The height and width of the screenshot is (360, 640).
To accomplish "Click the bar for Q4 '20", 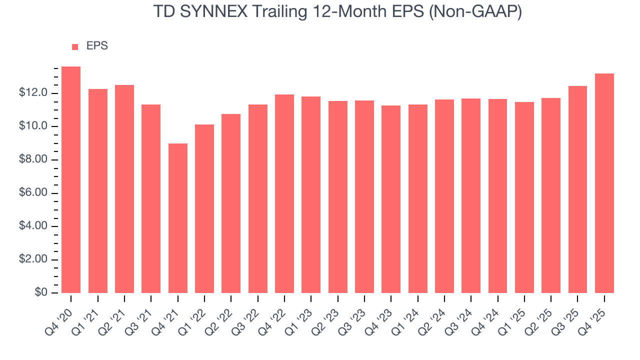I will tap(71, 180).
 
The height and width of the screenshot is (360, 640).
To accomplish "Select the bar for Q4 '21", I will tap(177, 218).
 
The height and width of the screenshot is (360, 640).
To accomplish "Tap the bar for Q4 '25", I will tap(604, 183).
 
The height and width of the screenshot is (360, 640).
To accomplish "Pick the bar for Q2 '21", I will tap(124, 189).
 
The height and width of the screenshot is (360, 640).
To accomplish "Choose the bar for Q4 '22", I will tap(284, 194).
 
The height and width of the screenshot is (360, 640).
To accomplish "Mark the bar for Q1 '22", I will tap(204, 209).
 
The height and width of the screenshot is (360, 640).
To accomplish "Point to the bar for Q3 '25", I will tap(577, 189).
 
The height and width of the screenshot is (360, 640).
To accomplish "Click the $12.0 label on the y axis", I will tap(33, 93).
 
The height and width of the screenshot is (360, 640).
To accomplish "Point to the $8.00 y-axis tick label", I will tap(33, 160).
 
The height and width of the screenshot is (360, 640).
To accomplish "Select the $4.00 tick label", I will tap(33, 226).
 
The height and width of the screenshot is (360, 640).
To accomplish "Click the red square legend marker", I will tap(75, 47).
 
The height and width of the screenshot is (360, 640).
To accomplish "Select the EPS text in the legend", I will tap(97, 46).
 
